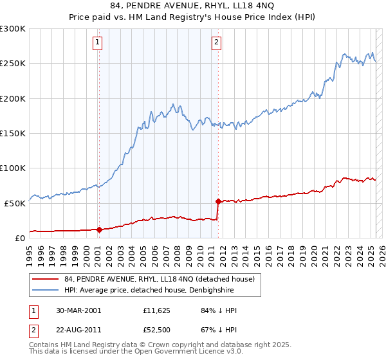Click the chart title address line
point(192,6)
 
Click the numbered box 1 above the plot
point(98,43)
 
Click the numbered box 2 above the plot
point(216,43)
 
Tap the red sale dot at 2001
point(99,230)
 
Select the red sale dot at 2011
point(218,201)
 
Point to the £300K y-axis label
point(13,29)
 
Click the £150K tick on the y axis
point(13,133)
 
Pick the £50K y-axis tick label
point(15,203)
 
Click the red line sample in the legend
point(46,279)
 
